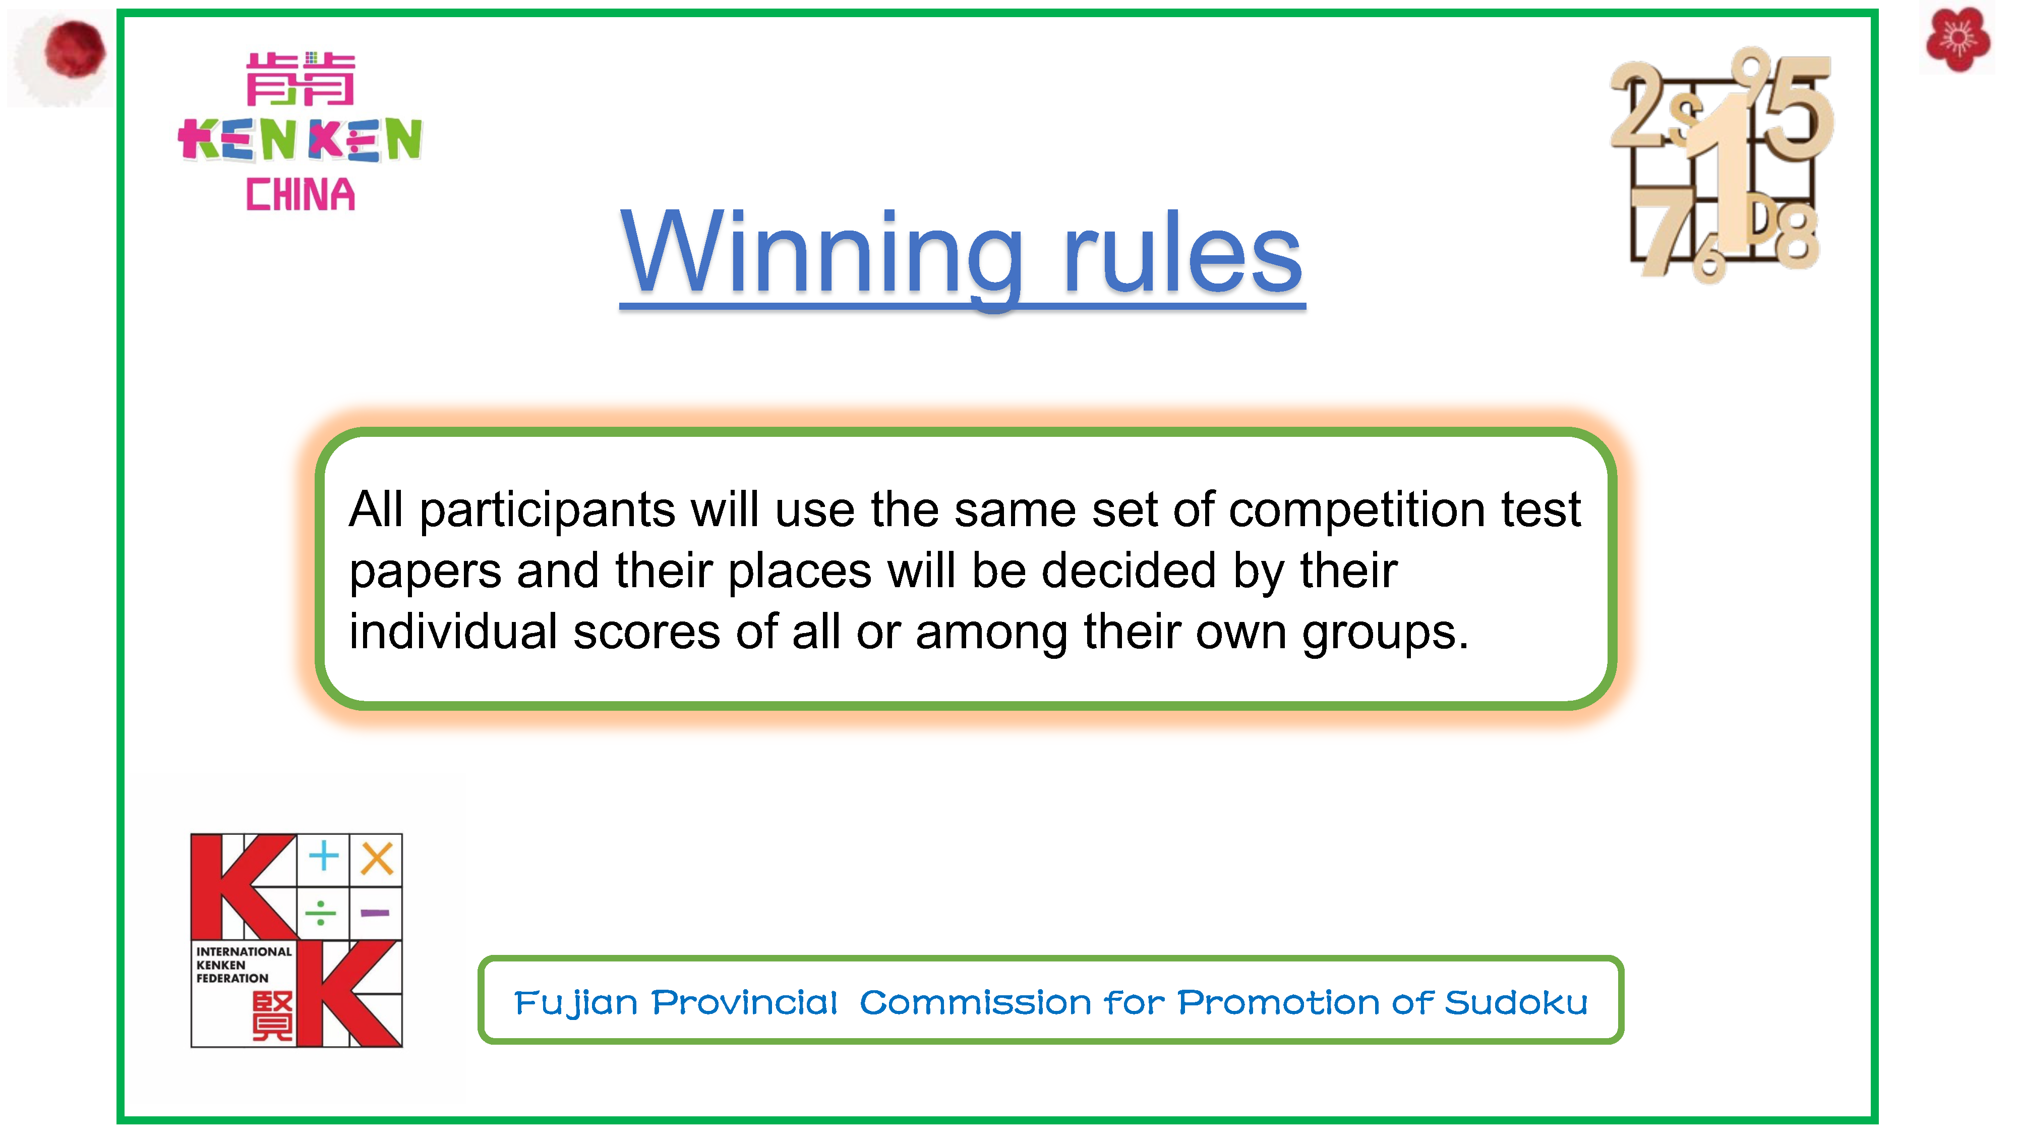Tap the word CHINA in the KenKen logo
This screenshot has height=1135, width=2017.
301,194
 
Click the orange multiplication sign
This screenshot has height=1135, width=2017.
377,859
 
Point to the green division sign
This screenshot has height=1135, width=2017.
321,913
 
